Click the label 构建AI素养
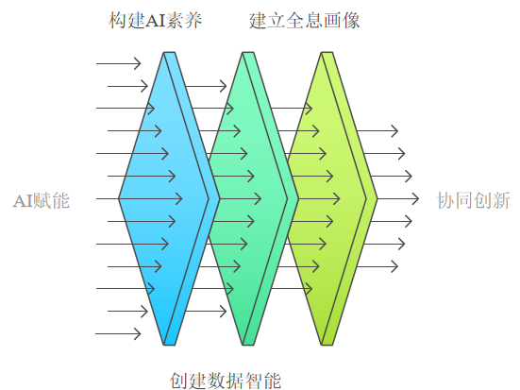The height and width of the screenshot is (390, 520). click(x=155, y=20)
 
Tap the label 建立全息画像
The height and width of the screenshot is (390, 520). click(x=305, y=20)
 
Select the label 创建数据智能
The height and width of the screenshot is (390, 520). click(x=226, y=381)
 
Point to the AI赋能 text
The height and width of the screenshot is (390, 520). click(x=42, y=200)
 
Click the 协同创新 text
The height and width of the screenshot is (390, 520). click(x=473, y=200)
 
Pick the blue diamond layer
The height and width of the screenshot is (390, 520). click(x=169, y=199)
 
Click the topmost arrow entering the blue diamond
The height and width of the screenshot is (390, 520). click(x=118, y=63)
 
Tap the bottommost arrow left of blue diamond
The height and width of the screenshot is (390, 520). click(x=118, y=333)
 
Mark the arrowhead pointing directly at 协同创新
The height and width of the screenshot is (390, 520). click(x=415, y=199)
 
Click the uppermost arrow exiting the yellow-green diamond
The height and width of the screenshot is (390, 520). click(x=377, y=130)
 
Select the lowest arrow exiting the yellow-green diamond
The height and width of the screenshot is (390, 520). click(x=377, y=266)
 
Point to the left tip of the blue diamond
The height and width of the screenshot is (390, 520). click(x=119, y=199)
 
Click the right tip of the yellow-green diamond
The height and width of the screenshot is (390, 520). click(x=377, y=199)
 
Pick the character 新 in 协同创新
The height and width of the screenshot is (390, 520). click(x=501, y=200)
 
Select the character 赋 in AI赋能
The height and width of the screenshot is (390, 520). click(x=42, y=200)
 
